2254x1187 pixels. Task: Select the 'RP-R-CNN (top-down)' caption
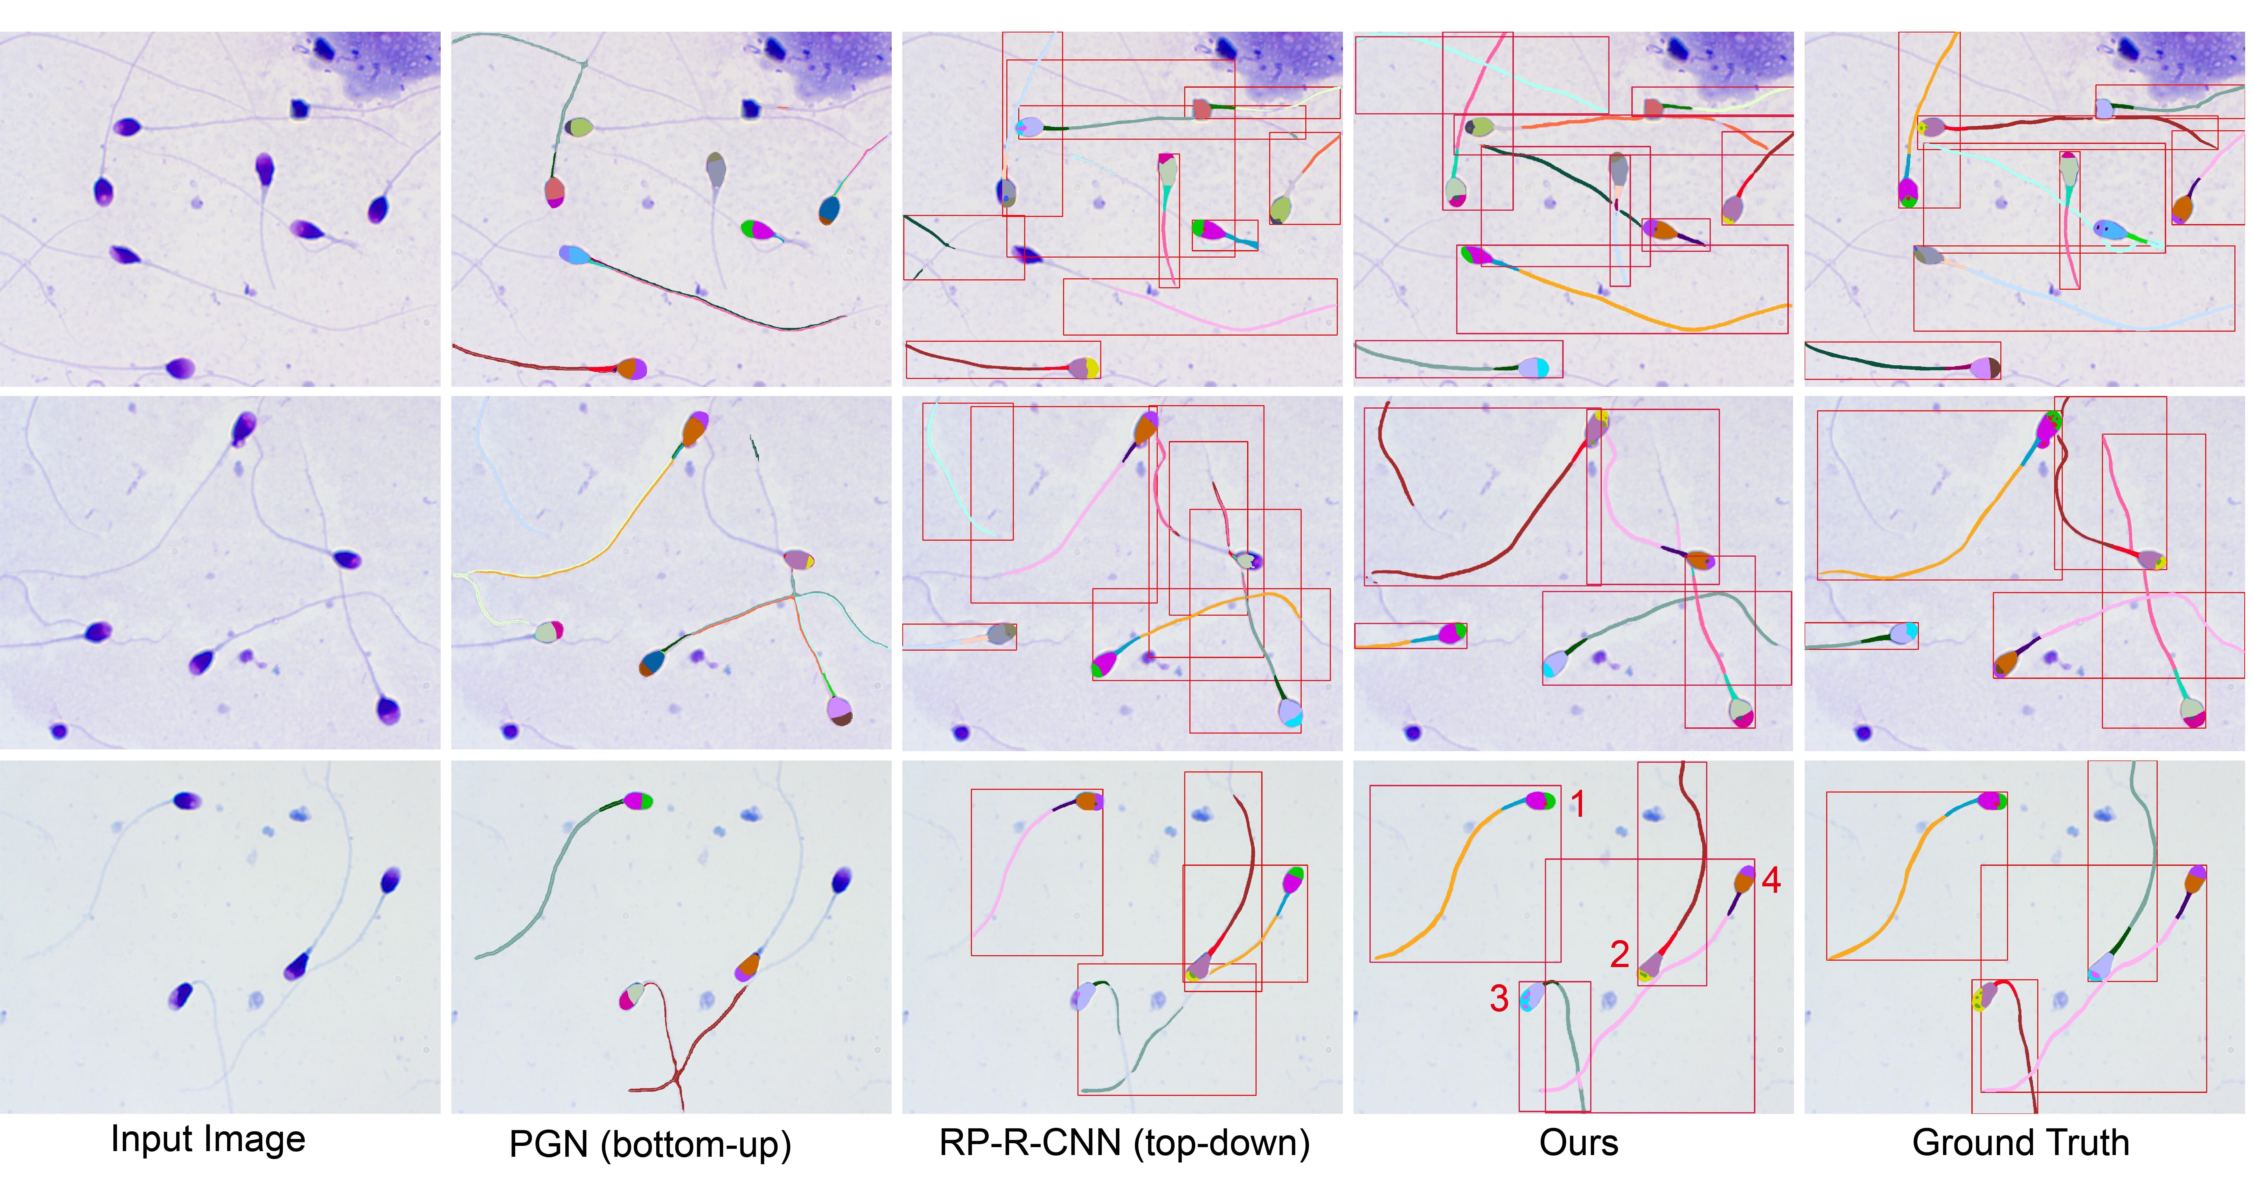pyautogui.click(x=1124, y=1142)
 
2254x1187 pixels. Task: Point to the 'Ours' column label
pyautogui.click(x=1579, y=1142)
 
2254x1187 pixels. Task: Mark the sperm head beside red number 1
pyautogui.click(x=1540, y=800)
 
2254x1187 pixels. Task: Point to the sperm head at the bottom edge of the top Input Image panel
pyautogui.click(x=180, y=367)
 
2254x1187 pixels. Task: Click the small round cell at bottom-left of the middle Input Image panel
pyautogui.click(x=59, y=730)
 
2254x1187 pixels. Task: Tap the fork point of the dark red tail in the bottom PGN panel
pyautogui.click(x=676, y=1078)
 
